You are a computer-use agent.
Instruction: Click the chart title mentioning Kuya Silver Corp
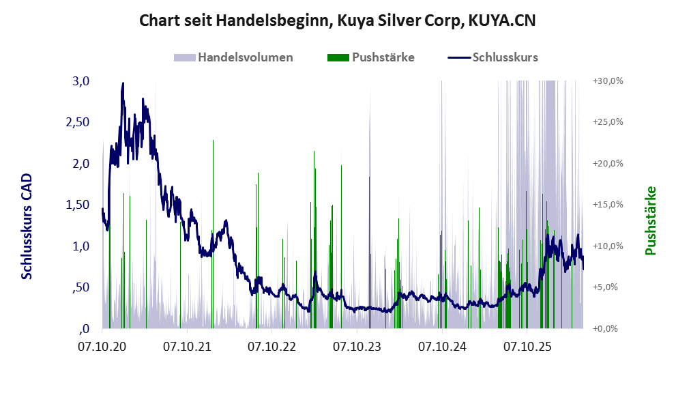click(x=337, y=20)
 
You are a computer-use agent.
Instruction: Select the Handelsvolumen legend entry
click(x=233, y=57)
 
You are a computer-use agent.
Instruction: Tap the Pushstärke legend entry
click(x=371, y=57)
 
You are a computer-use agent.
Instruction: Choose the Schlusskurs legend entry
click(x=493, y=57)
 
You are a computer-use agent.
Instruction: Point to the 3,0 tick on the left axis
click(x=80, y=81)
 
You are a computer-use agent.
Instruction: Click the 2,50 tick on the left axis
click(x=78, y=122)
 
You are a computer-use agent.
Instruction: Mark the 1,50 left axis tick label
click(x=78, y=205)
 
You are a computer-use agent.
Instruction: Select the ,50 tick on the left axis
click(x=80, y=288)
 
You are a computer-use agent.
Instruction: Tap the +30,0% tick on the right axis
click(x=608, y=81)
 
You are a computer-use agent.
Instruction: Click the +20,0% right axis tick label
click(x=608, y=164)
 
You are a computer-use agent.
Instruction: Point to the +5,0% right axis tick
click(x=605, y=287)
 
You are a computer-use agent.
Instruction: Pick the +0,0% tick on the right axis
click(x=605, y=329)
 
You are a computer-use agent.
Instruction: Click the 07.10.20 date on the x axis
click(x=102, y=346)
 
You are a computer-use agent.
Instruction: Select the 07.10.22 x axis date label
click(x=271, y=346)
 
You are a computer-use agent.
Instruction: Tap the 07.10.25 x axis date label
click(x=527, y=346)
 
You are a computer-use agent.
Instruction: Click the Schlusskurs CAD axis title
click(x=27, y=226)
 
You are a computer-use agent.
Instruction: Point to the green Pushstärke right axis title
click(x=650, y=220)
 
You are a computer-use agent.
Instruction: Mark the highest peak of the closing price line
click(x=123, y=83)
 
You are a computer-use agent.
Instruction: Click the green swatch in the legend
click(x=338, y=58)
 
